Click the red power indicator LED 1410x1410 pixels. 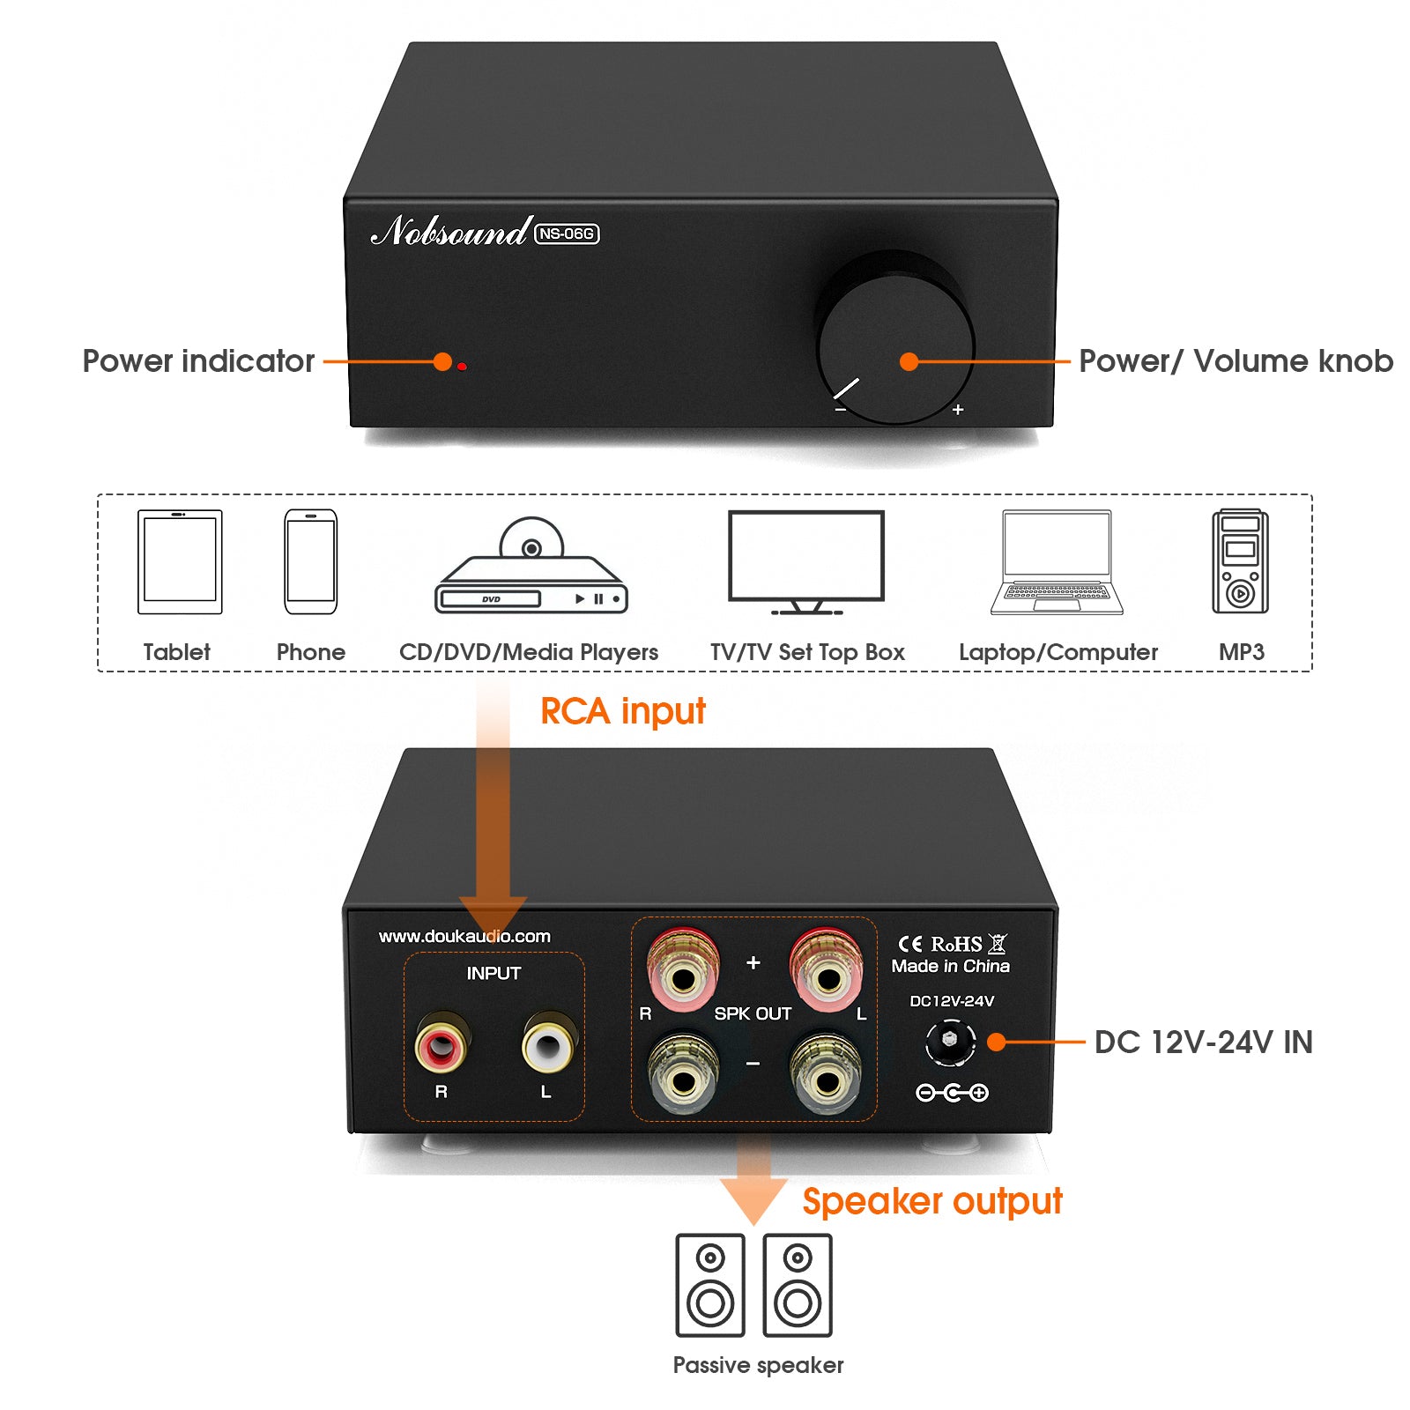point(462,366)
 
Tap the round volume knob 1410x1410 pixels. point(895,344)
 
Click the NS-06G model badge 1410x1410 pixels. point(567,234)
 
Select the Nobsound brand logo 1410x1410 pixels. point(450,231)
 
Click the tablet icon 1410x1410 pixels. point(180,561)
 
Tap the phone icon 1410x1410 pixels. point(310,561)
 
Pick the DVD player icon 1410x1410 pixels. point(531,568)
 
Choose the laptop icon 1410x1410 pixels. point(1057,561)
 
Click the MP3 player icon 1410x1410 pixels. point(1240,561)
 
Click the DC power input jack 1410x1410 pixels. point(950,1041)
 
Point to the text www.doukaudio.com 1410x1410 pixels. point(464,936)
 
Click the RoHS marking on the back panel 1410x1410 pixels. point(956,944)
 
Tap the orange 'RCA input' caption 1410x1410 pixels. point(622,711)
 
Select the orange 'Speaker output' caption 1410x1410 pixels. point(932,1201)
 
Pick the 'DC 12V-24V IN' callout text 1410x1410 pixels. point(1203,1043)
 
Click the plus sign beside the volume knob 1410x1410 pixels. point(958,410)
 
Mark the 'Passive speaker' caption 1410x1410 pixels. point(758,1365)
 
